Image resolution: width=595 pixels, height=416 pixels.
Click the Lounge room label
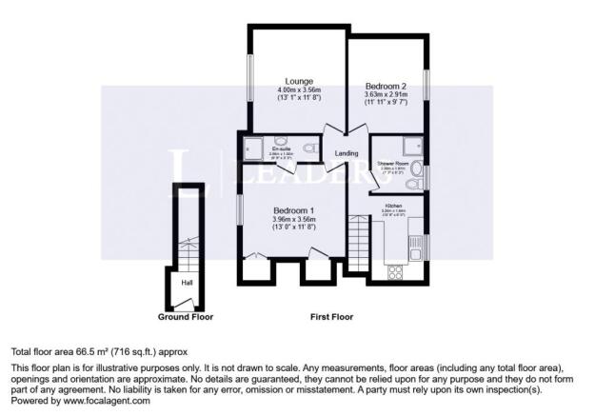(x=299, y=81)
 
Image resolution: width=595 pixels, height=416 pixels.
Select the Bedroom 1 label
(x=294, y=210)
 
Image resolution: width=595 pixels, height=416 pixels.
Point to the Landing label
(x=347, y=153)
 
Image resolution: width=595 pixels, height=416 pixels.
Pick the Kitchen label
(x=393, y=207)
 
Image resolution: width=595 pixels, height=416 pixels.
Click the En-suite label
(x=281, y=149)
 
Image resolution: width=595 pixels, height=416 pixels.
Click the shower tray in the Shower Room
(x=412, y=146)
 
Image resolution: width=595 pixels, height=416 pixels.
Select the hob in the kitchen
(x=396, y=271)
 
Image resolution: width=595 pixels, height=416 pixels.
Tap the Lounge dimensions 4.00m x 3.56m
(x=299, y=91)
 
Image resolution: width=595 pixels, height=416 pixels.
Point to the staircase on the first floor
(x=357, y=244)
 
